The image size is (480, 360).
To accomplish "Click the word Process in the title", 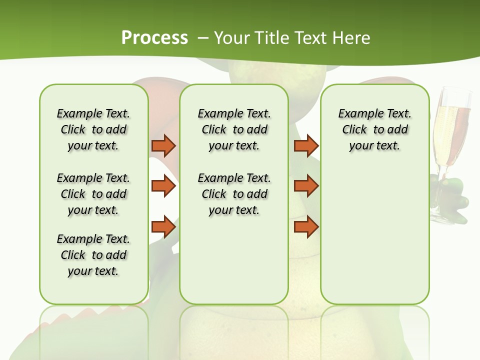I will click(x=154, y=38).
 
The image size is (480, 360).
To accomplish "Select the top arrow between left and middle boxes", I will click(x=163, y=145).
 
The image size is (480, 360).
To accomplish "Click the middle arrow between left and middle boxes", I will click(x=163, y=186).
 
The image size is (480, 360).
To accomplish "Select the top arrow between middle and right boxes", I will click(x=306, y=145).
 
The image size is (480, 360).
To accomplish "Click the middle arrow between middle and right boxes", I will click(x=306, y=186).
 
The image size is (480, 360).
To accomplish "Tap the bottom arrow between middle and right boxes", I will click(x=306, y=226).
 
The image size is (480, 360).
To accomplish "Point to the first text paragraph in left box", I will click(x=93, y=129).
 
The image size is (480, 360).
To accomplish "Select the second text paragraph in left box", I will click(x=93, y=194).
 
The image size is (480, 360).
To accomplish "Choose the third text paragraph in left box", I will click(x=93, y=255).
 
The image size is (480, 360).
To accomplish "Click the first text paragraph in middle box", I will click(x=234, y=129).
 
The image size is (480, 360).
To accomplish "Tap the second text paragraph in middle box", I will click(x=234, y=194).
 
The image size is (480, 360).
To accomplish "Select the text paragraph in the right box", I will click(x=374, y=129).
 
